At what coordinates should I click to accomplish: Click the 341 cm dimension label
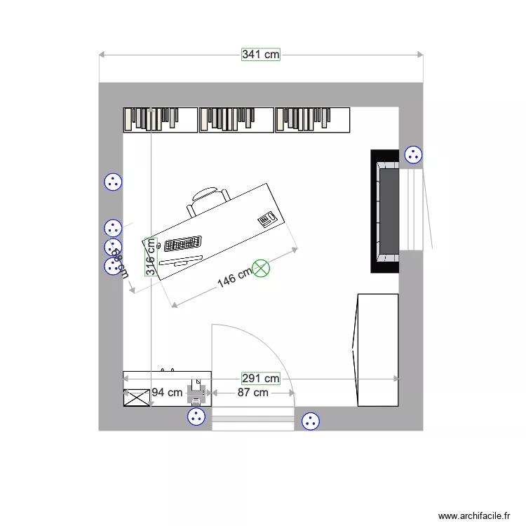click(x=261, y=54)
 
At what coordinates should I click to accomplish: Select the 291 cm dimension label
click(x=261, y=379)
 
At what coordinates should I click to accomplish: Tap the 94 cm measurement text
click(x=167, y=393)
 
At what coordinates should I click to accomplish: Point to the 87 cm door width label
click(x=252, y=393)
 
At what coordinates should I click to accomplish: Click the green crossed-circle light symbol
click(x=261, y=268)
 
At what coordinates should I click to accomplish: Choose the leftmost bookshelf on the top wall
click(x=161, y=120)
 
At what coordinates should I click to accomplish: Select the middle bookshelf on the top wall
click(x=236, y=120)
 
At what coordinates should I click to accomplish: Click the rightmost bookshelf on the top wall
click(x=313, y=120)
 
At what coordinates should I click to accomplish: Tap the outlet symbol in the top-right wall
click(x=414, y=155)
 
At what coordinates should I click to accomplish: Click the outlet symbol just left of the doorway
click(x=196, y=417)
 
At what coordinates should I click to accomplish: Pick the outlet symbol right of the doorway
click(x=310, y=422)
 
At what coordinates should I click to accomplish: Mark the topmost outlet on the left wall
click(x=113, y=182)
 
